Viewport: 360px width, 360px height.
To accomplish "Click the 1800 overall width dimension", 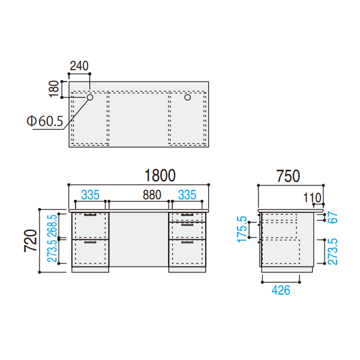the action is tap(160, 175).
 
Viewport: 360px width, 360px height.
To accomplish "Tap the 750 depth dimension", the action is tap(288, 176).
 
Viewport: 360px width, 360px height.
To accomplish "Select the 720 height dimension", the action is tap(31, 241).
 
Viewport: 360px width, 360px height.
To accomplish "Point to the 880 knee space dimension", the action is tap(152, 195).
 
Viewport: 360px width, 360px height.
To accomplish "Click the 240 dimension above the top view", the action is tap(79, 66).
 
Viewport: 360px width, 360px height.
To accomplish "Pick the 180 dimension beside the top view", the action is tap(54, 89).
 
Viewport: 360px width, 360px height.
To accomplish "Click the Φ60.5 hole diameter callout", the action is tap(45, 121).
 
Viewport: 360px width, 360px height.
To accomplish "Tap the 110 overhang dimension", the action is tap(312, 197).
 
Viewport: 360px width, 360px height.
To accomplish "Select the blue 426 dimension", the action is tap(281, 290).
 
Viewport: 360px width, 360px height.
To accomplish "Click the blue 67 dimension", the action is tap(332, 217).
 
